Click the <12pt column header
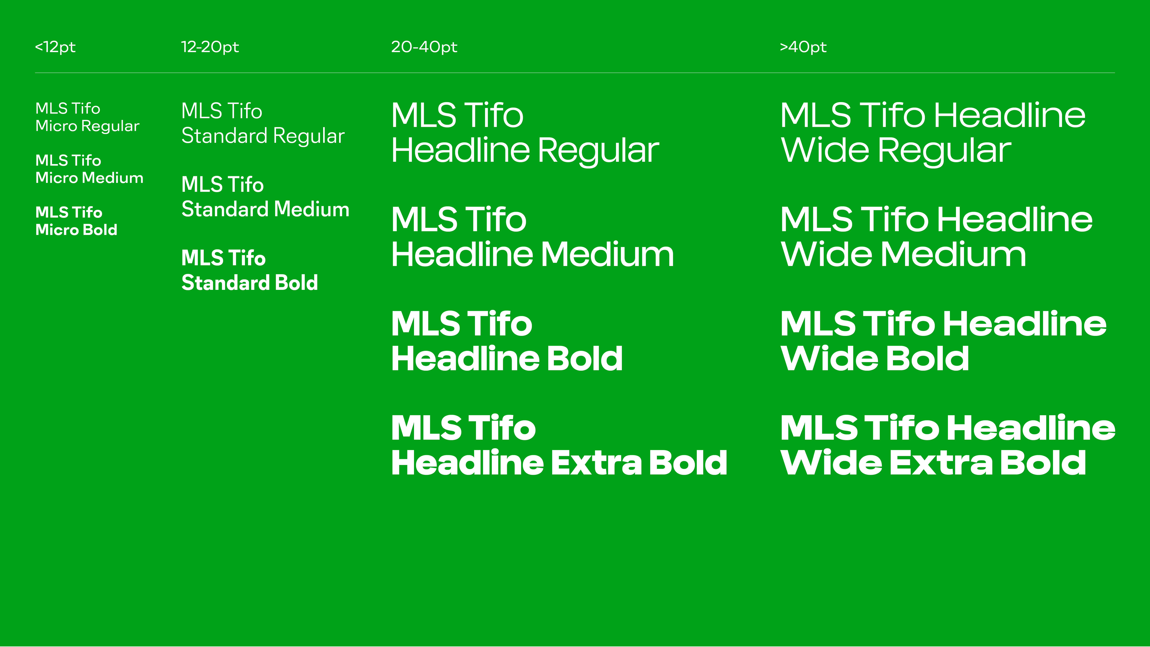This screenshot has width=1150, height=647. point(55,47)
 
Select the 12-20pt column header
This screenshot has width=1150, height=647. point(210,47)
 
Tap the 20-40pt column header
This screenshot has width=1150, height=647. point(424,47)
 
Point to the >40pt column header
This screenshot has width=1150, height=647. point(803,47)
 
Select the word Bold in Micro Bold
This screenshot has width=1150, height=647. point(100,229)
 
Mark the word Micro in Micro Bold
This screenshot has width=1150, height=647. point(57,229)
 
